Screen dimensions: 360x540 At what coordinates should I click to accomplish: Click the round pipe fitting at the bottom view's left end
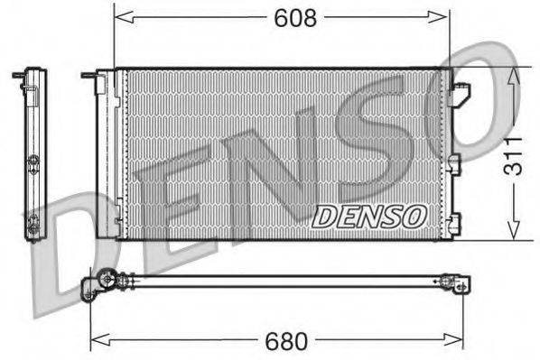[x=107, y=282]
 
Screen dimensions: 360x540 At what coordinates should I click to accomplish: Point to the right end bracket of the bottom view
[x=461, y=286]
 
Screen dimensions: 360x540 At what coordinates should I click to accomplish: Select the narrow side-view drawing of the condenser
[x=34, y=153]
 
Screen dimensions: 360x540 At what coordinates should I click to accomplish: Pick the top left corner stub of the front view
[x=88, y=76]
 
